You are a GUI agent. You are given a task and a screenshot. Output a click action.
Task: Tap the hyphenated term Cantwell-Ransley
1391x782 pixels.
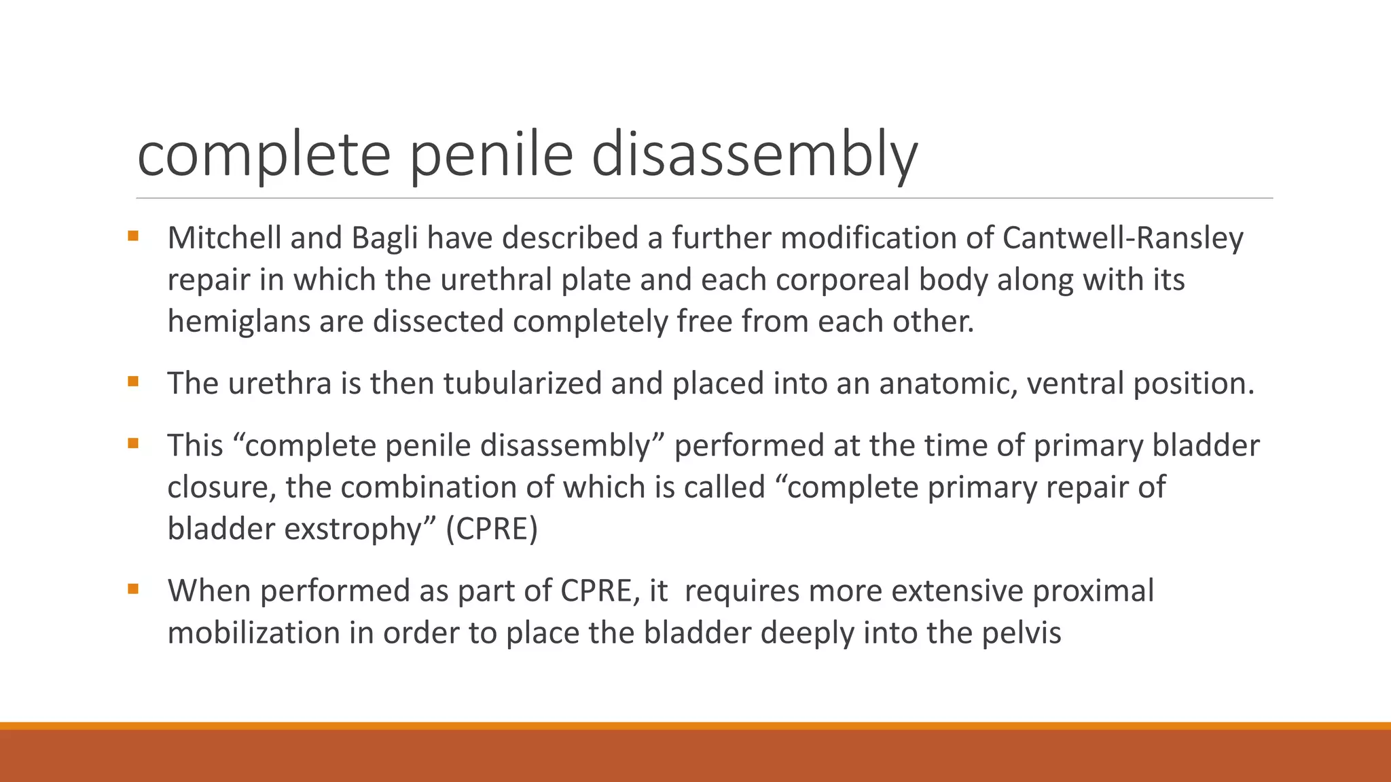[1123, 238]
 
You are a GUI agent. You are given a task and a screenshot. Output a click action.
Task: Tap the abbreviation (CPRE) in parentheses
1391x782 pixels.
[492, 529]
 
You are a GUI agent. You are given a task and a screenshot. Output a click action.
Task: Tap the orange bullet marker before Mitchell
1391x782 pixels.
[132, 236]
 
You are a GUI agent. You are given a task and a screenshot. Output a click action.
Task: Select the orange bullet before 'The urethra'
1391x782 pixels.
[132, 381]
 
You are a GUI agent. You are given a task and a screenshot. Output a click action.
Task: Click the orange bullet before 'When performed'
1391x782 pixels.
[132, 589]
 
